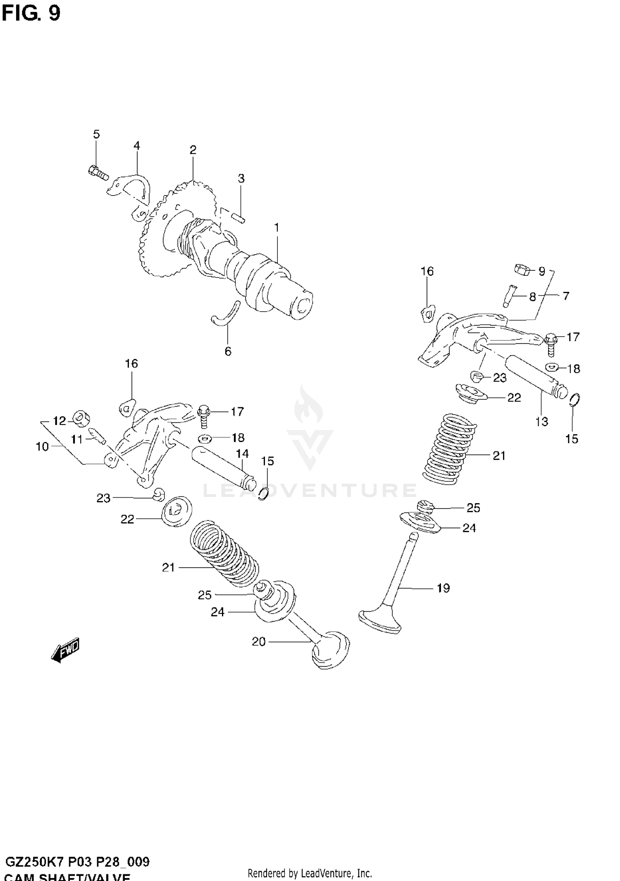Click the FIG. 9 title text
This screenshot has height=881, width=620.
(31, 13)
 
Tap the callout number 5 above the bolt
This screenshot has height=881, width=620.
(96, 134)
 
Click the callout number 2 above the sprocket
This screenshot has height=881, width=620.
(193, 150)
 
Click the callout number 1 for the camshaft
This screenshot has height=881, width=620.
(277, 227)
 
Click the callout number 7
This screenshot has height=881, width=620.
(566, 296)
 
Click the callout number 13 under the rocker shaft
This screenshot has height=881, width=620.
(541, 422)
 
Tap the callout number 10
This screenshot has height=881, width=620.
(42, 446)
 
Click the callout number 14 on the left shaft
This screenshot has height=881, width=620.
(242, 454)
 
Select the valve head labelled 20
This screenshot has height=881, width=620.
(330, 649)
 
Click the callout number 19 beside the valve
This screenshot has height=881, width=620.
(443, 588)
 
